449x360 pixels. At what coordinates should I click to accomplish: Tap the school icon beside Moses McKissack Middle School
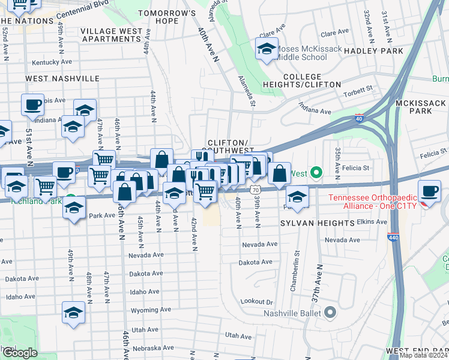[267, 49]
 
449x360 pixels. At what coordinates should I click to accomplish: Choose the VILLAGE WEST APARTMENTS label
[112, 35]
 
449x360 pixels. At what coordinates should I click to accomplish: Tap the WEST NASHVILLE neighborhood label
[62, 79]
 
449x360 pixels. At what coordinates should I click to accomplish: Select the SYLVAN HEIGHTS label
[317, 223]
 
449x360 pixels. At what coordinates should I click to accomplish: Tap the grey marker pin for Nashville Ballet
[330, 312]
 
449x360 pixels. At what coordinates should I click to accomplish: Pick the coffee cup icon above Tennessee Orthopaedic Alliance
[429, 191]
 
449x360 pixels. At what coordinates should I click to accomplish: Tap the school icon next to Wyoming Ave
[73, 313]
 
